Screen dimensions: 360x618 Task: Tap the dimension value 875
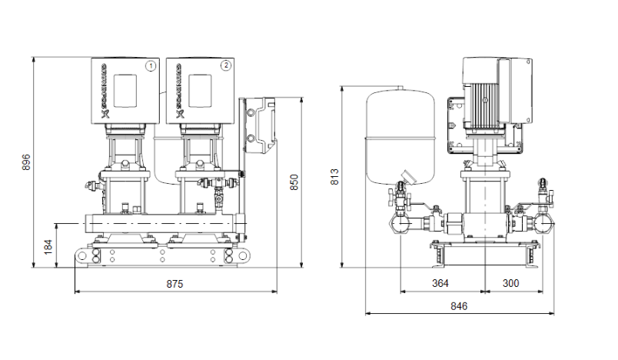coord(175,284)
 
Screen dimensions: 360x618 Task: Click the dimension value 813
coord(334,177)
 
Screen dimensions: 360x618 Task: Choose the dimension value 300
coord(511,283)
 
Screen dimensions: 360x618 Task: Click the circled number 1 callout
coord(151,65)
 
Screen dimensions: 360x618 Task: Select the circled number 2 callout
coord(225,65)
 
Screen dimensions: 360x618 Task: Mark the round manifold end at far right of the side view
coord(547,223)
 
